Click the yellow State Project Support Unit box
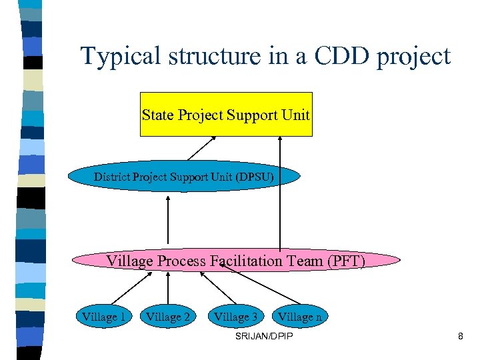tap(226, 115)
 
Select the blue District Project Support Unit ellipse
tap(184, 177)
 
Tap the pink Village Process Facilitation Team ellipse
tap(236, 261)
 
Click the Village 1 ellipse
tap(103, 317)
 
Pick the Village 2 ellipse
tap(168, 317)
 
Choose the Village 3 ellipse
tap(235, 317)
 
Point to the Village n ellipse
tap(299, 317)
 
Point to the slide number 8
tap(460, 337)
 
